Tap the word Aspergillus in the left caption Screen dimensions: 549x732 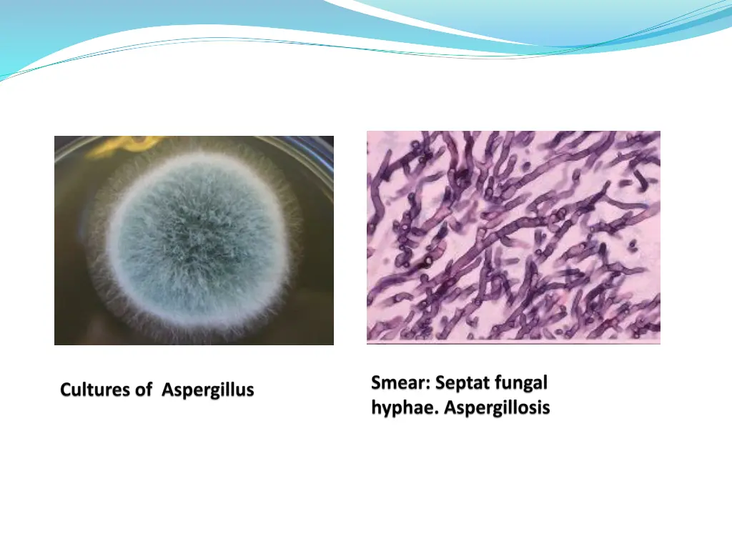(x=208, y=390)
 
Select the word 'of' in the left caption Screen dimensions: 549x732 (x=144, y=390)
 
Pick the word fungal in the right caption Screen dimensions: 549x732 (x=522, y=383)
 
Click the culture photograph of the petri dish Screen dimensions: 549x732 (x=194, y=240)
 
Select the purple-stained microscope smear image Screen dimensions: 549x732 (x=513, y=237)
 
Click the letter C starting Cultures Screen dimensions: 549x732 (x=66, y=390)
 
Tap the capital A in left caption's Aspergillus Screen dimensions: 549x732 (x=167, y=390)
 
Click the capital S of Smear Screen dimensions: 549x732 (x=377, y=383)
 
